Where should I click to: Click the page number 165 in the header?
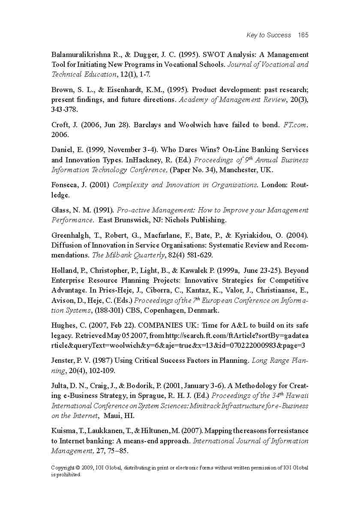pos(303,35)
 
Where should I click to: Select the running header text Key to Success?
pos(269,35)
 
